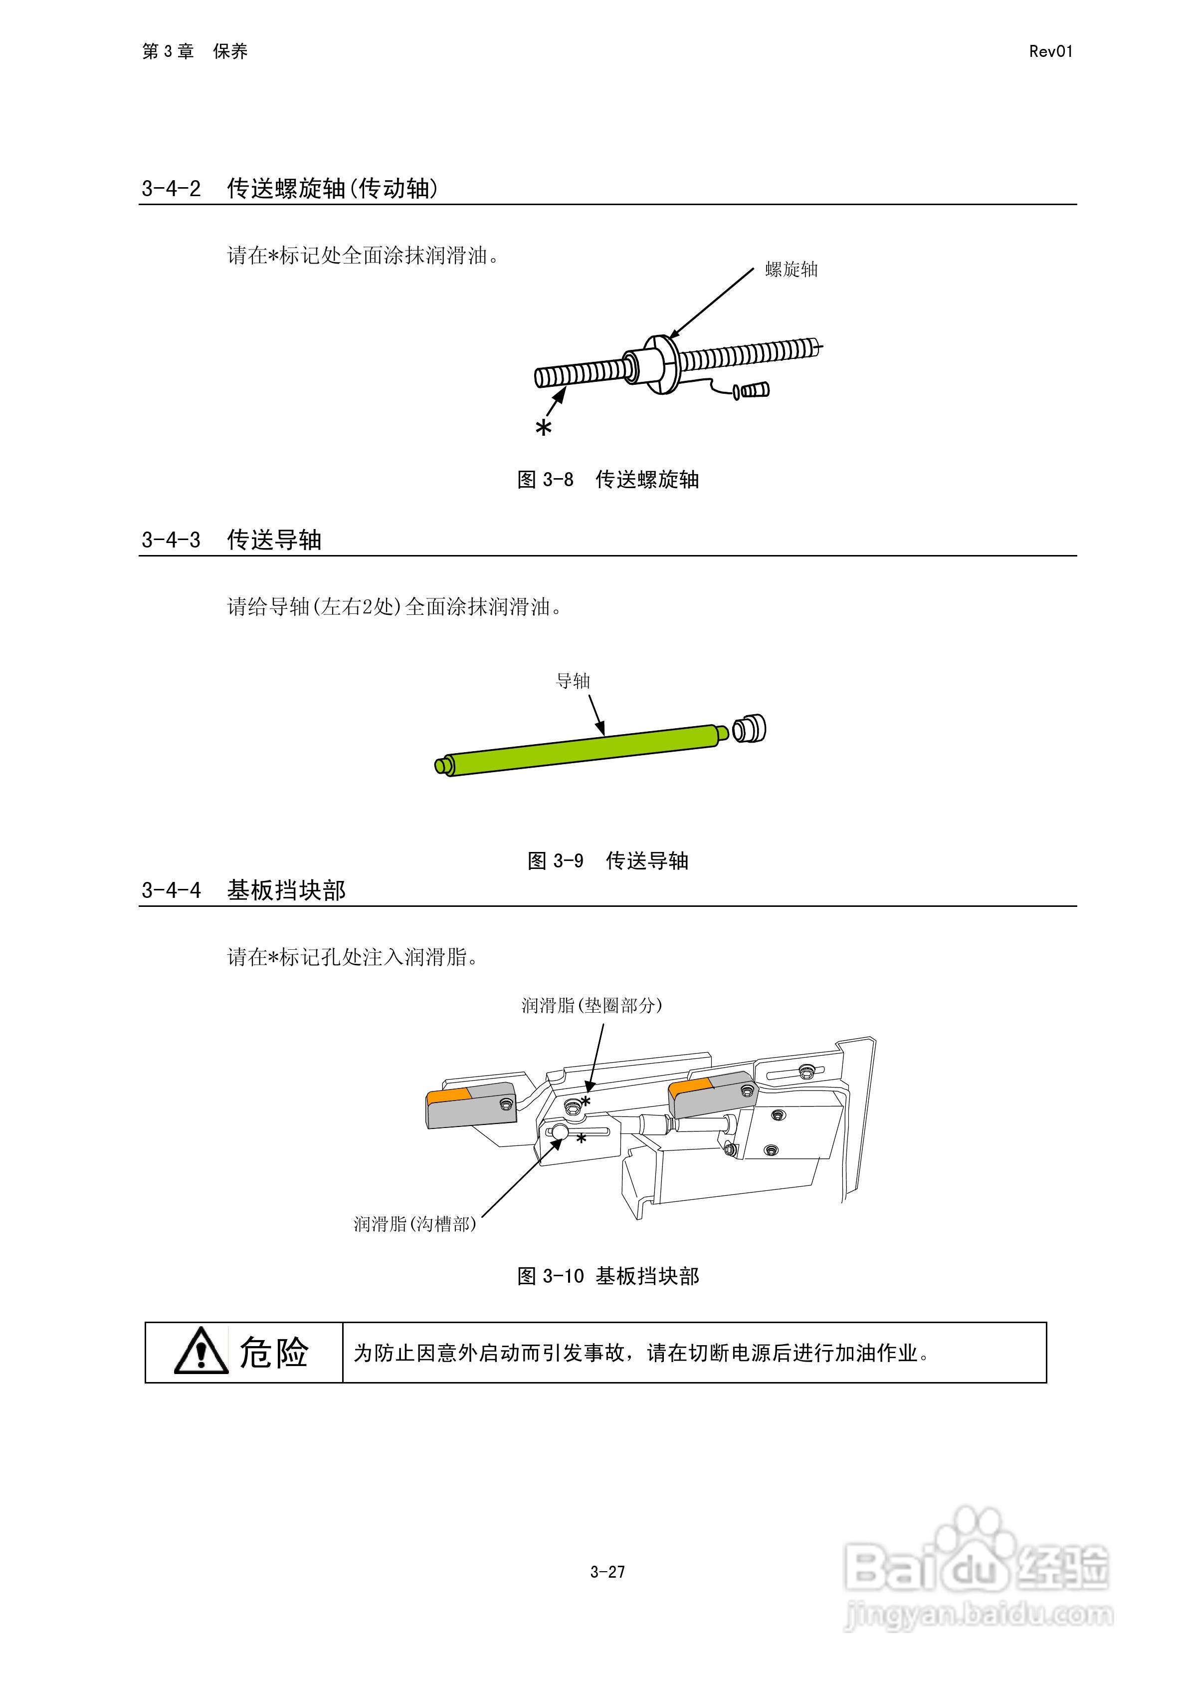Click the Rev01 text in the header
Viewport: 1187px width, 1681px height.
(1050, 51)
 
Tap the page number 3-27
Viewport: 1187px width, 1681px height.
(607, 1572)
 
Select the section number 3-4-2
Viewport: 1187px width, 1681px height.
(171, 189)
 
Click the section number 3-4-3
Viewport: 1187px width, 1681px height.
(171, 541)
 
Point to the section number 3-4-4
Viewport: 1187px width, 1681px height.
(171, 891)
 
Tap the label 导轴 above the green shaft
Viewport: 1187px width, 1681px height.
(572, 681)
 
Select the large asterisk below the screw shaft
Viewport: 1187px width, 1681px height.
(544, 428)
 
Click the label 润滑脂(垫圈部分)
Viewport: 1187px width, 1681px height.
(592, 1005)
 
